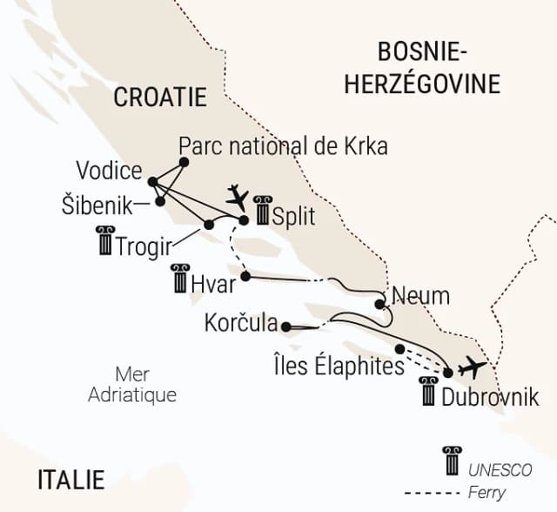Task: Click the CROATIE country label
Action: tap(160, 97)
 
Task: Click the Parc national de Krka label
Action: tap(282, 145)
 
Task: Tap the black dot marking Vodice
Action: tap(152, 182)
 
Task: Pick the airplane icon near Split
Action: tap(237, 196)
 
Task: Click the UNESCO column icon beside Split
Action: tap(262, 211)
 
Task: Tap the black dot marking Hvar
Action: tap(245, 277)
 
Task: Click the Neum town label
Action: tap(420, 296)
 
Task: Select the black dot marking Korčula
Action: tap(285, 327)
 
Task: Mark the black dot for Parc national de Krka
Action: tap(184, 161)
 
